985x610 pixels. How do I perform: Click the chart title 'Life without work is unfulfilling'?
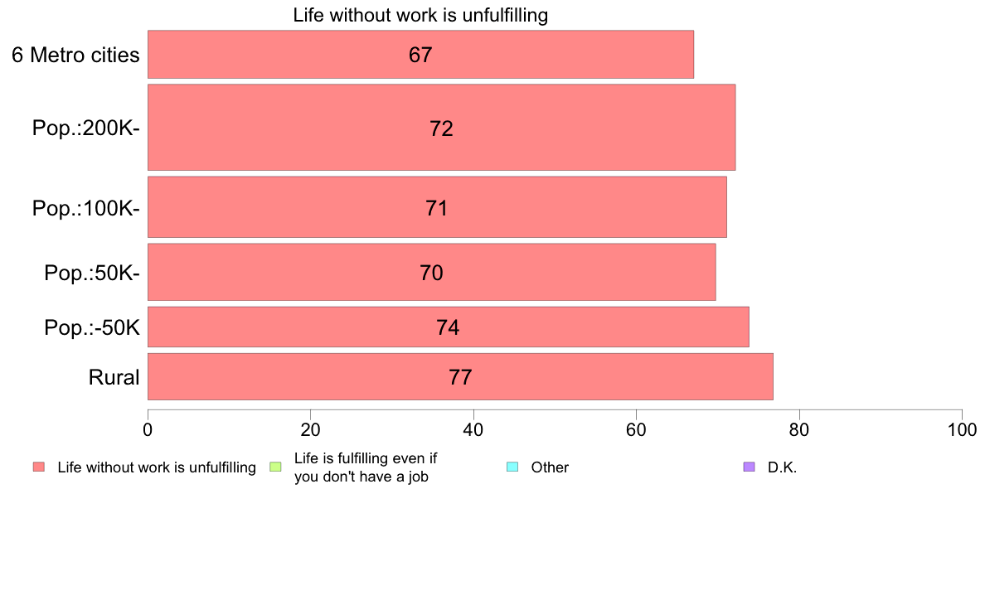(420, 15)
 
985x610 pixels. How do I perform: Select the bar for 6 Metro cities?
(420, 55)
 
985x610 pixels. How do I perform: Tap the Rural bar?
(460, 377)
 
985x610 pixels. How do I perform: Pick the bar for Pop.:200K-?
(441, 128)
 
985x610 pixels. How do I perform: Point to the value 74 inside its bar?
(448, 327)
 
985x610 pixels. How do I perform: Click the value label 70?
(431, 273)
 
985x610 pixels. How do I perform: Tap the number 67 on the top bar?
(420, 55)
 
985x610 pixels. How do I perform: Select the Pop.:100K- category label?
(85, 207)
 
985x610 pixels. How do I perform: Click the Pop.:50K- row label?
(91, 273)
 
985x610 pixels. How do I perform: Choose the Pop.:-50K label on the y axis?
(91, 328)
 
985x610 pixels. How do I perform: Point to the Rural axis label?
(114, 378)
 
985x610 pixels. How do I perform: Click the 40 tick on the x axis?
(473, 429)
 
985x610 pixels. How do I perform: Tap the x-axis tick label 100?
(962, 429)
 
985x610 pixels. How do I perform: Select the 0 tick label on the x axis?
(148, 429)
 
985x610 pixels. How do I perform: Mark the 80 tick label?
(799, 429)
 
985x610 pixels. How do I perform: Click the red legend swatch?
(39, 467)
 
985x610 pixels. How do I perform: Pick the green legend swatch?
(276, 467)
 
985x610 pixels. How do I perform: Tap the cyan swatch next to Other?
(512, 467)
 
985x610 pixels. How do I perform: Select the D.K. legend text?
(782, 467)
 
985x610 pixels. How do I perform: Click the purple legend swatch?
(750, 467)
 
